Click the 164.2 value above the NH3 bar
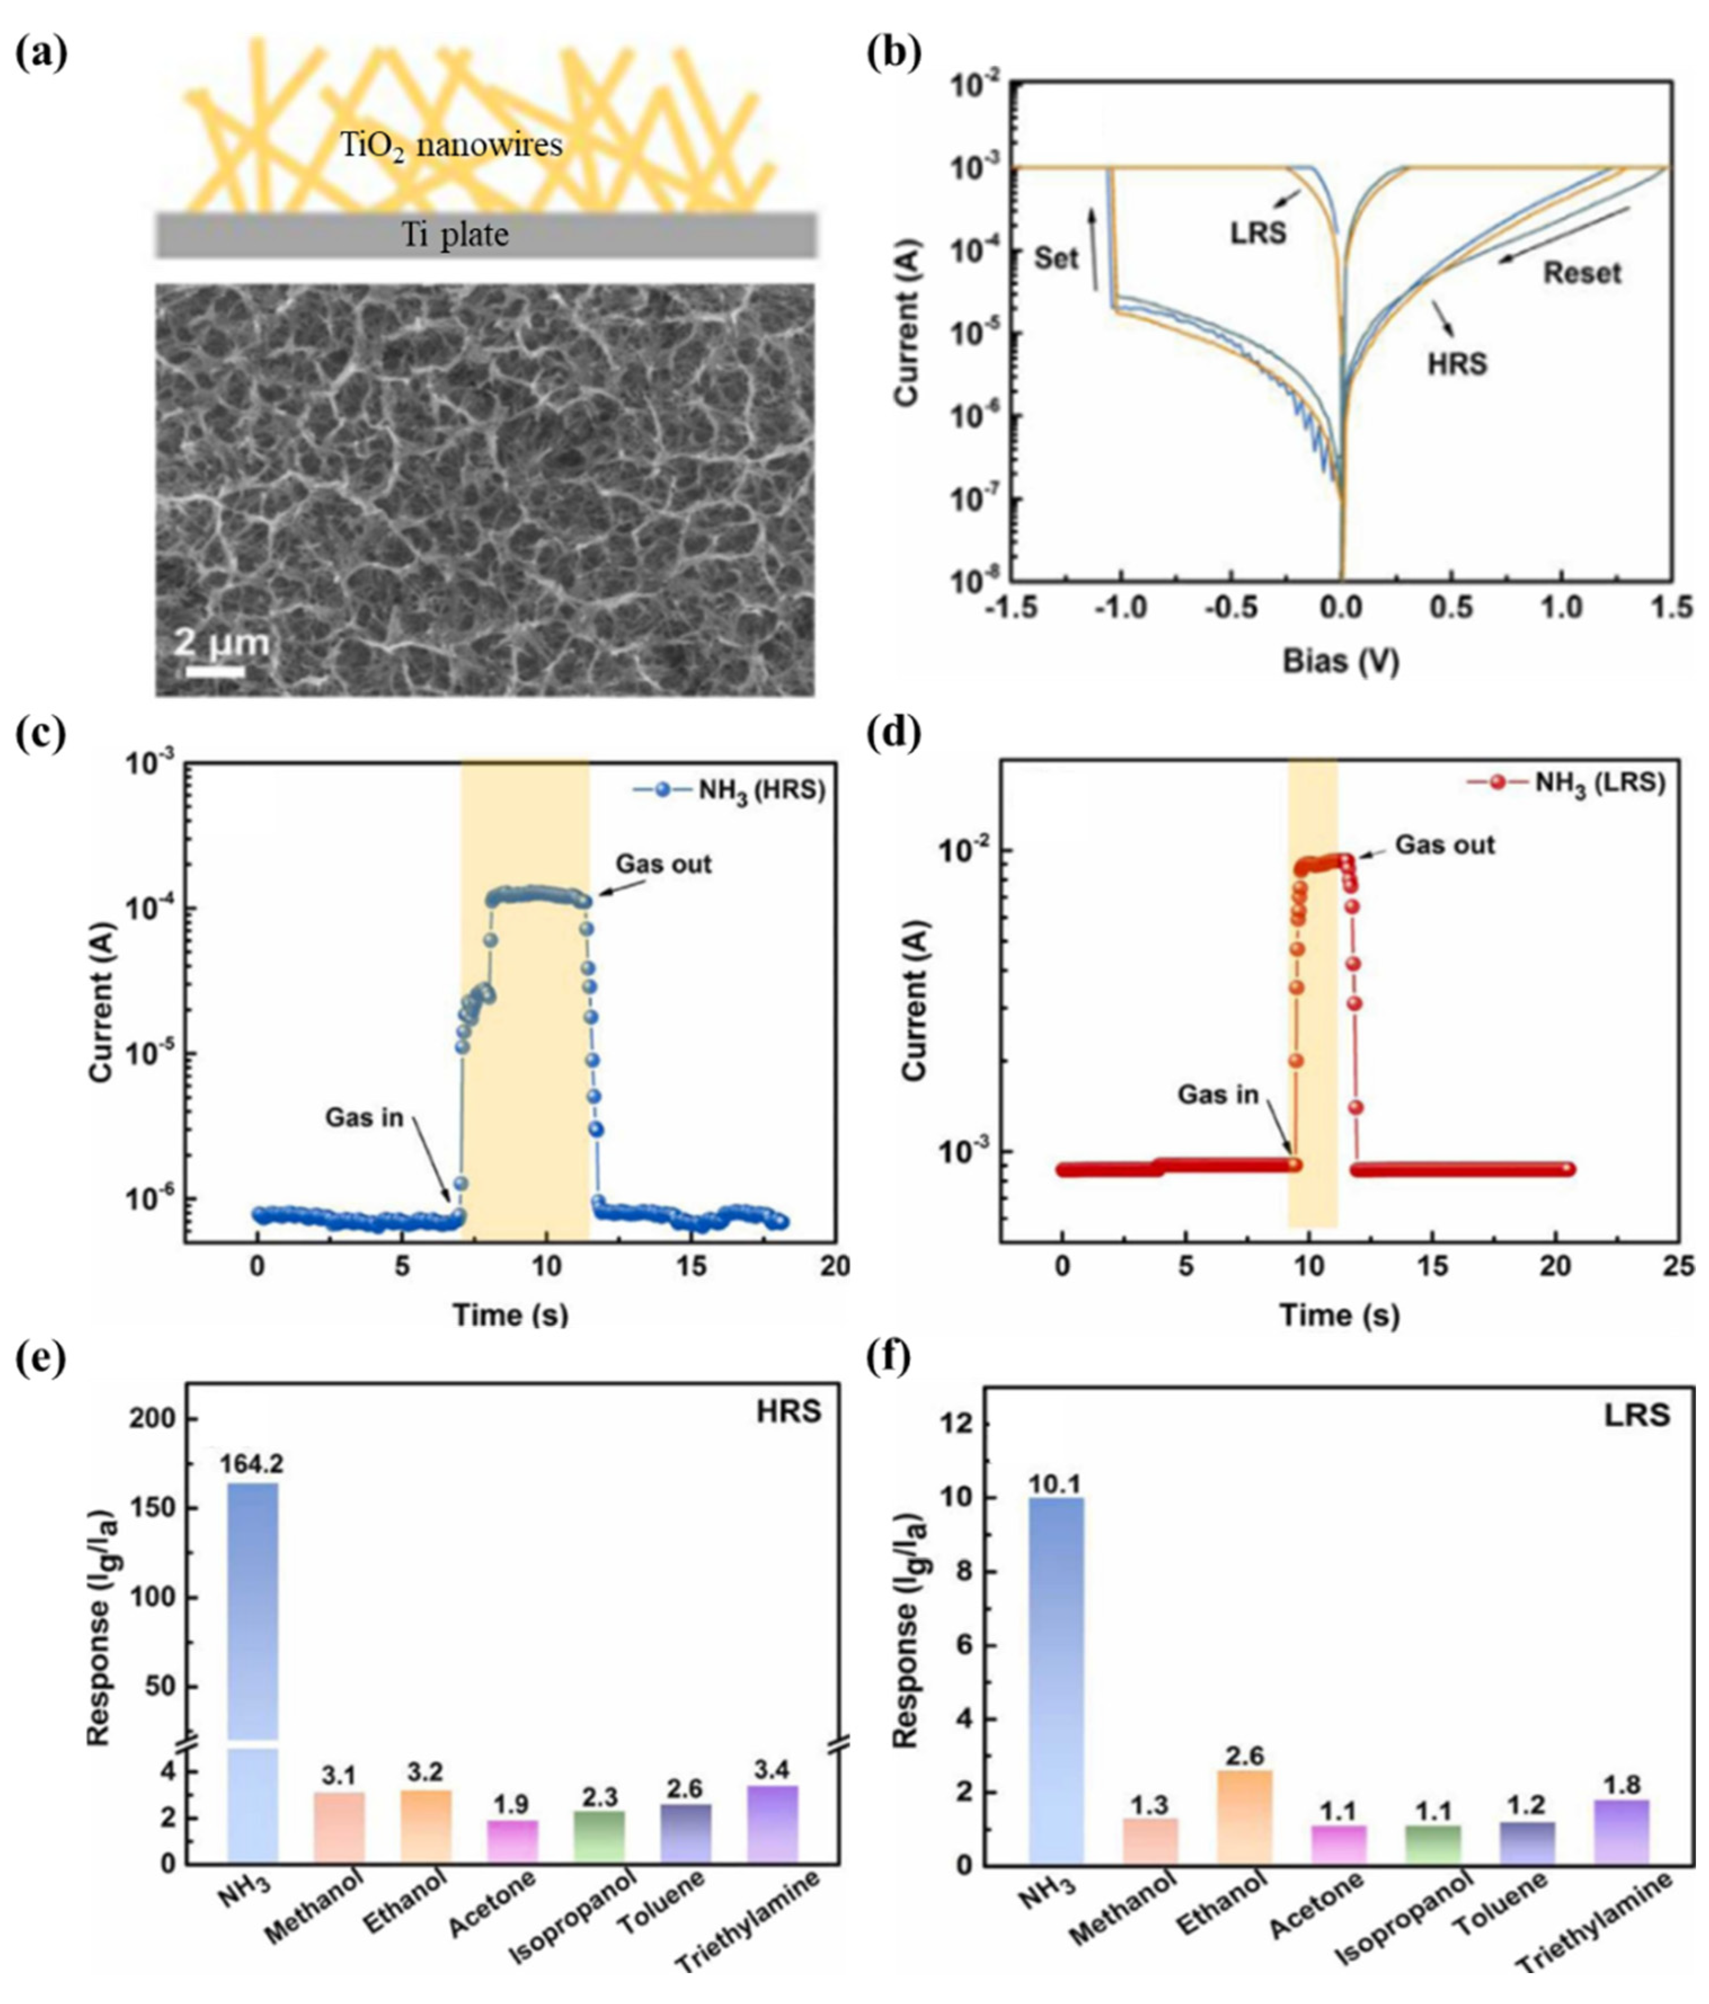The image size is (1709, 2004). [x=251, y=1463]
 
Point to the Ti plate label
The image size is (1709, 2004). [x=455, y=234]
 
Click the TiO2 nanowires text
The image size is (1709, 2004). [x=451, y=145]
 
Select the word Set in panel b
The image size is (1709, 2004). [x=1056, y=258]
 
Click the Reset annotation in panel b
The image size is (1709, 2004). [x=1581, y=273]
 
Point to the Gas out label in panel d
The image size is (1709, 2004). [x=1444, y=845]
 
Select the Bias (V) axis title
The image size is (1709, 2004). [x=1340, y=661]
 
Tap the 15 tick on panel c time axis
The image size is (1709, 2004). [x=691, y=1267]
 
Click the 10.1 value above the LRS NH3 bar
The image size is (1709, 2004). [x=1055, y=1483]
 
